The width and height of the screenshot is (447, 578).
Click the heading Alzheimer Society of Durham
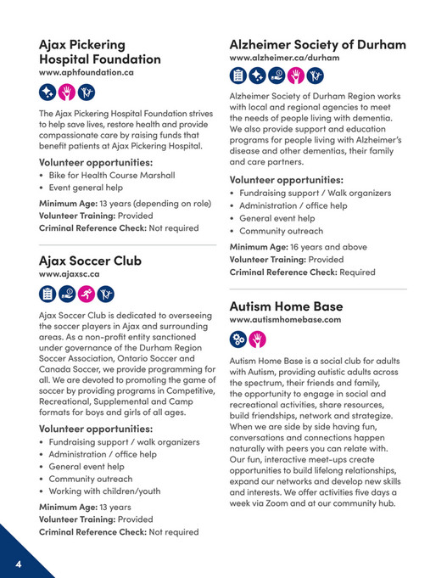pyautogui.click(x=317, y=44)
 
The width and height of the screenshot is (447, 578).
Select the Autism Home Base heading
pyautogui.click(x=286, y=306)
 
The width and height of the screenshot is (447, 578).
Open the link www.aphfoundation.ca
pyautogui.click(x=87, y=73)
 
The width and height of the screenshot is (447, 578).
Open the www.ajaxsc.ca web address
pyautogui.click(x=70, y=274)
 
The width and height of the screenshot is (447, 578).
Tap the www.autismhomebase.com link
pyautogui.click(x=285, y=319)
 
